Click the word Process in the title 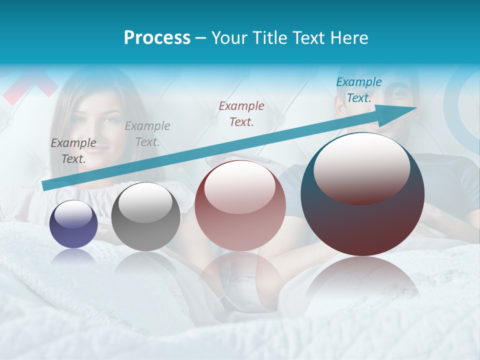(157, 38)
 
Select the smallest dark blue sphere (73, 224)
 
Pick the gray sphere (145, 216)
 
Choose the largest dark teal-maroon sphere (362, 194)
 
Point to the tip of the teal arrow (416, 108)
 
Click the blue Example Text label (358, 90)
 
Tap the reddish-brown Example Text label (241, 113)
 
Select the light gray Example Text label (147, 133)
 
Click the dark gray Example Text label (73, 150)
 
